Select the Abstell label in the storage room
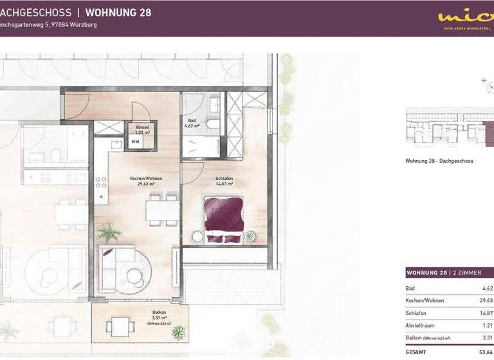click(142, 127)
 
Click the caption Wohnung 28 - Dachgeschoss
click(439, 161)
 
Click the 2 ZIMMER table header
click(464, 273)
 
